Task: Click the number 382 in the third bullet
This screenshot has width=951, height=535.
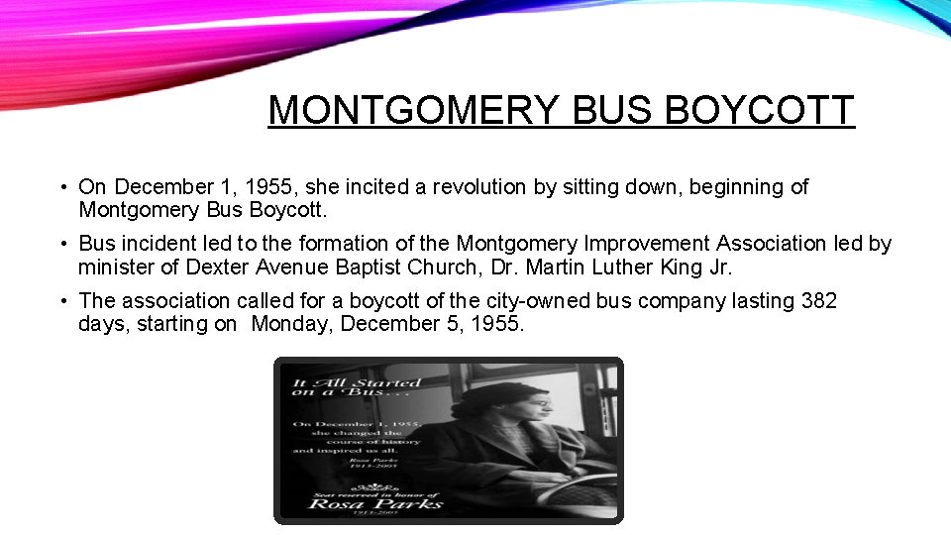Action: click(817, 300)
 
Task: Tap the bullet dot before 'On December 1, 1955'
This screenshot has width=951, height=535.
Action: click(61, 186)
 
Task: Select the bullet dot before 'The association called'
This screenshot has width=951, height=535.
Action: click(61, 300)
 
